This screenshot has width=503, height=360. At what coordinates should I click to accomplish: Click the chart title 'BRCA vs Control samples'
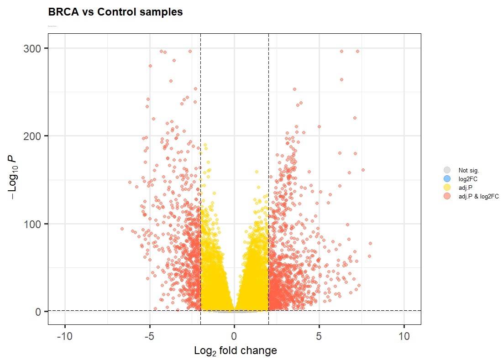[115, 12]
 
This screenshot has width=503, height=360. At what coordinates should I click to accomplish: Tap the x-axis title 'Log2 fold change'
[235, 351]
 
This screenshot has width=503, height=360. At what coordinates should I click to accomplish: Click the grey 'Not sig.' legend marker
[447, 170]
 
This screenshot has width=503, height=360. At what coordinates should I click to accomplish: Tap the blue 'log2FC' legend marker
[447, 179]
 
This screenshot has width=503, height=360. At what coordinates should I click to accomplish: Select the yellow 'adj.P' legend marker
[447, 188]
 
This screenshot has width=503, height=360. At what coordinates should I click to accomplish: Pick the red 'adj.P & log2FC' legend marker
[447, 196]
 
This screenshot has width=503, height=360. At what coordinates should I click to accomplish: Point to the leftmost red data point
[122, 229]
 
